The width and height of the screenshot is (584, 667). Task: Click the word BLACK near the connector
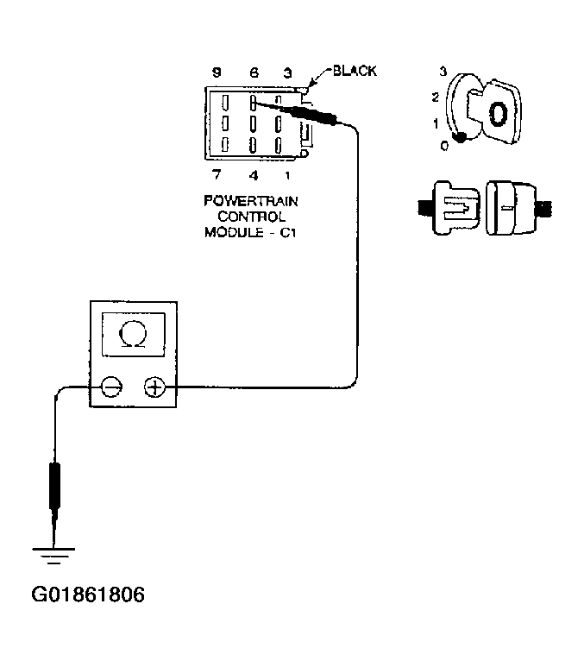pyautogui.click(x=355, y=71)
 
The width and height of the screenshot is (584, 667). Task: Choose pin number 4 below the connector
pyautogui.click(x=254, y=176)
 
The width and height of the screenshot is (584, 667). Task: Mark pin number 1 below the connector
pyautogui.click(x=287, y=176)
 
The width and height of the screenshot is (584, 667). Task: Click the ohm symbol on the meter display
pyautogui.click(x=134, y=332)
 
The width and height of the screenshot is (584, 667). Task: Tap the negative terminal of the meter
pyautogui.click(x=111, y=387)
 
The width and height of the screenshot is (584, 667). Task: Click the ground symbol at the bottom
pyautogui.click(x=53, y=552)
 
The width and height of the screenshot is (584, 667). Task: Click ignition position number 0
pyautogui.click(x=444, y=146)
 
